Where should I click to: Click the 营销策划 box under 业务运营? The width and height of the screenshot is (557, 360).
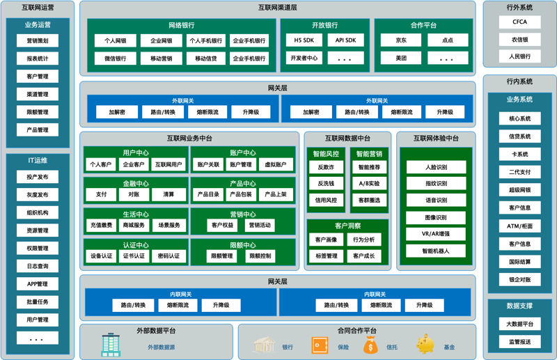pyautogui.click(x=38, y=40)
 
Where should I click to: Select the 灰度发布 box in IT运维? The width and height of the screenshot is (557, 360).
pyautogui.click(x=38, y=195)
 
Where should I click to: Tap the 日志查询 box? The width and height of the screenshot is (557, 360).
pyautogui.click(x=38, y=266)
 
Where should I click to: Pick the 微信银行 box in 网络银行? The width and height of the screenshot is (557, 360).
pyautogui.click(x=115, y=58)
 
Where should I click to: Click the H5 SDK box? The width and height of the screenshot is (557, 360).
pyautogui.click(x=304, y=40)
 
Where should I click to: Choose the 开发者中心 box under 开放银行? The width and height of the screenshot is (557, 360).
pyautogui.click(x=304, y=58)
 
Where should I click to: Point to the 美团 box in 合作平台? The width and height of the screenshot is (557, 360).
pyautogui.click(x=401, y=58)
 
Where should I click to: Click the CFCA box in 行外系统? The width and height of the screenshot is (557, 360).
pyautogui.click(x=519, y=22)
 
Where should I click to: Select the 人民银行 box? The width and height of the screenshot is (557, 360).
pyautogui.click(x=519, y=56)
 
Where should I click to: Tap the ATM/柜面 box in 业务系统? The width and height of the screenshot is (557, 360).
pyautogui.click(x=519, y=226)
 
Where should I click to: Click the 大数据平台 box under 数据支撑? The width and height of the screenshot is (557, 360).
pyautogui.click(x=519, y=324)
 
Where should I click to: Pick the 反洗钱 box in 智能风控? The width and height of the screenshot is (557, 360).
pyautogui.click(x=326, y=183)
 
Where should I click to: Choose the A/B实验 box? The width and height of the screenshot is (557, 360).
pyautogui.click(x=369, y=183)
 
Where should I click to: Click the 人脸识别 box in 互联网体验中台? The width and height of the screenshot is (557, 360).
pyautogui.click(x=437, y=167)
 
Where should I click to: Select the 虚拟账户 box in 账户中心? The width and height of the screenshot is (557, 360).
pyautogui.click(x=276, y=164)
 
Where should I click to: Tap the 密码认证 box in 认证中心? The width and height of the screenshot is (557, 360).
pyautogui.click(x=168, y=256)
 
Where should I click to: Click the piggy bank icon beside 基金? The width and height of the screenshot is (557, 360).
pyautogui.click(x=425, y=344)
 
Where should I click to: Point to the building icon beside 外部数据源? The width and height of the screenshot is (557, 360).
pyautogui.click(x=111, y=345)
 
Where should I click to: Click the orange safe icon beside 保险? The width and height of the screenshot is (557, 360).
pyautogui.click(x=320, y=345)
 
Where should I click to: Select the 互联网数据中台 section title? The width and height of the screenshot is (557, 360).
pyautogui.click(x=347, y=139)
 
